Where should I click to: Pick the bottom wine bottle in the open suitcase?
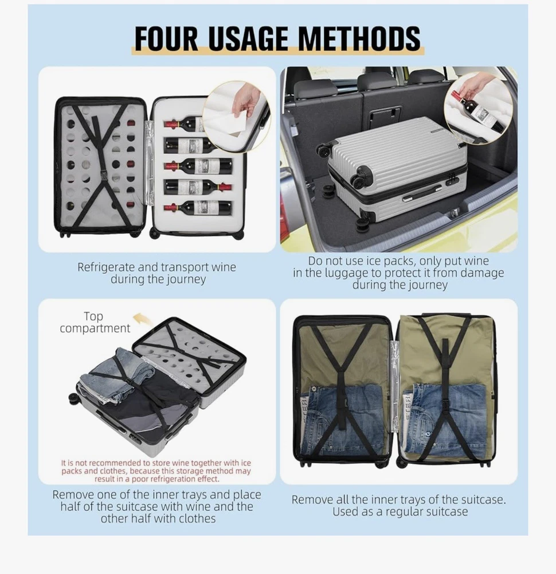(x=198, y=208)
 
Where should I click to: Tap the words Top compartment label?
(x=95, y=322)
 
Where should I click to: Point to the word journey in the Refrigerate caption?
(x=186, y=280)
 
